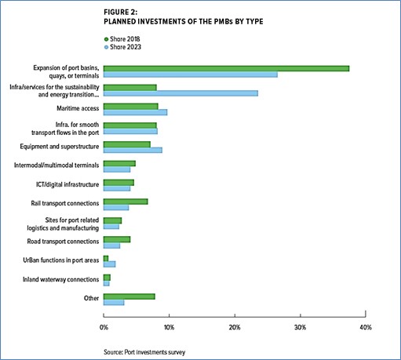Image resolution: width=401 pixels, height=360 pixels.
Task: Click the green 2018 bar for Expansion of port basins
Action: click(226, 68)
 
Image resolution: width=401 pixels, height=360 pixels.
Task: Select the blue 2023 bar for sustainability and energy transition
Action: click(180, 93)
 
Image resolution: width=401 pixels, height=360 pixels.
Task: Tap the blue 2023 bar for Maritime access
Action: click(135, 112)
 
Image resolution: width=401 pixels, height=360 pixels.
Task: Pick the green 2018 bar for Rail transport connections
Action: click(126, 202)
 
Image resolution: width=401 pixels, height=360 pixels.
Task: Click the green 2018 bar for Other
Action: click(129, 296)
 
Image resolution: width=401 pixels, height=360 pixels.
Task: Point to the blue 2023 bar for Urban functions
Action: click(109, 264)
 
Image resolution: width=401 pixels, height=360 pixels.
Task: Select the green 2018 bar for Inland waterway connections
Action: click(107, 278)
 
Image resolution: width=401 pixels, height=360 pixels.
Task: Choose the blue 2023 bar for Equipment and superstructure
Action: click(133, 150)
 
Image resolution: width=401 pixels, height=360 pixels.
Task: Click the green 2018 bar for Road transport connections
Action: click(117, 239)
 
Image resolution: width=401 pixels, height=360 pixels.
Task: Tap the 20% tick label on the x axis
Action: click(235, 328)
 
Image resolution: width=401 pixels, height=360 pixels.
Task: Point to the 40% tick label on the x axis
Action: click(366, 328)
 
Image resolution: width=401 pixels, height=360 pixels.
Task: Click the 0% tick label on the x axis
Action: click(104, 328)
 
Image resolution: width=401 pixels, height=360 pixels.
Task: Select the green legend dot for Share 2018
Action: click(106, 39)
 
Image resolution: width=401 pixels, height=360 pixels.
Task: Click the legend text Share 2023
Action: click(126, 47)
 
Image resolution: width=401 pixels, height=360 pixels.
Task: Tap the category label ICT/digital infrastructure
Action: click(67, 184)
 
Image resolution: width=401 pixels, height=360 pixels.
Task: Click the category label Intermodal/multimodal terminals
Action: click(57, 165)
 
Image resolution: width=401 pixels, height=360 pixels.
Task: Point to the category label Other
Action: click(91, 298)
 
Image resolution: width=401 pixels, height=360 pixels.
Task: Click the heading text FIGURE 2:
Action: click(120, 13)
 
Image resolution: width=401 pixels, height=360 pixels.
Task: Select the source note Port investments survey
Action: click(155, 352)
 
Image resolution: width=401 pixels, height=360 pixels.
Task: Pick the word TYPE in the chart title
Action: click(254, 21)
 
